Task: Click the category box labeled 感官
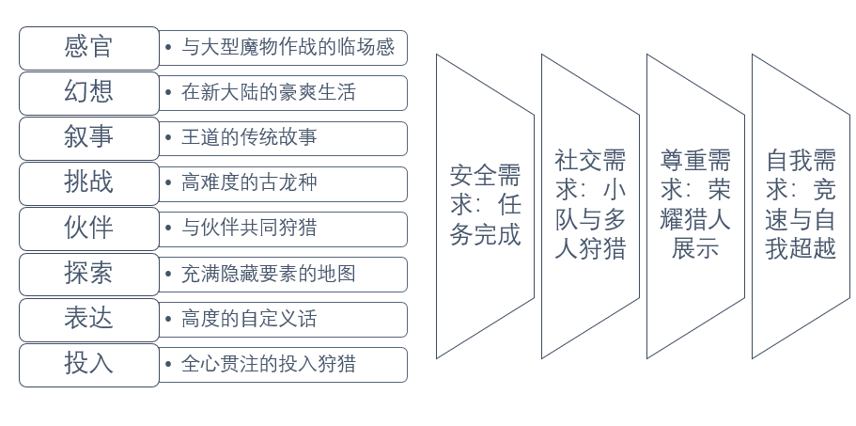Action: (x=89, y=47)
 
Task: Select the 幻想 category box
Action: (x=89, y=92)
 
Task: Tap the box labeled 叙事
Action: (x=89, y=137)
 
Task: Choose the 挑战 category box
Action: (x=89, y=182)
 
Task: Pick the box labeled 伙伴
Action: (x=89, y=229)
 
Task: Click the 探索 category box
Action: (x=89, y=274)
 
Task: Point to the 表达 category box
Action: (x=89, y=319)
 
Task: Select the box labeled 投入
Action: (x=89, y=364)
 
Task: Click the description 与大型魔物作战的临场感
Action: (x=288, y=47)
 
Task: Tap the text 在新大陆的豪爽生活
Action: (x=268, y=93)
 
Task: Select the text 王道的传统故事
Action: (x=249, y=138)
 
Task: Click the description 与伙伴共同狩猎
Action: (x=249, y=229)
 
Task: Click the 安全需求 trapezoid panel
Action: (x=485, y=205)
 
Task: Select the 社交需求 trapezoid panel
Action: (x=590, y=205)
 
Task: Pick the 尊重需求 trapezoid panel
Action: (x=695, y=205)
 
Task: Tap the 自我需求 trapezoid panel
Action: (x=801, y=205)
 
